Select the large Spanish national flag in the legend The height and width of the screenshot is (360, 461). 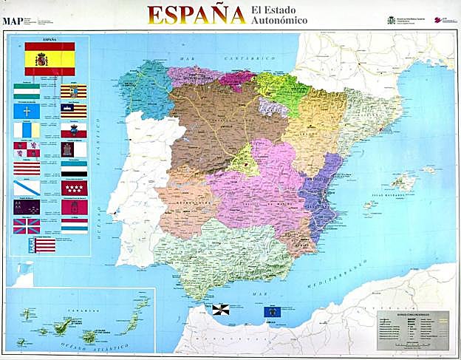pos(49,58)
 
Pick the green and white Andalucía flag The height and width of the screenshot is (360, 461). pos(27,92)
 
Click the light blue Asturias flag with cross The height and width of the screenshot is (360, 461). pos(27,112)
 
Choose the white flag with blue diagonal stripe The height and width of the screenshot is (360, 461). pos(27,188)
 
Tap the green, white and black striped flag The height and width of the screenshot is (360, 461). pos(74,169)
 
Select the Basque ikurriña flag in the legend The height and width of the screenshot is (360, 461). pos(27,225)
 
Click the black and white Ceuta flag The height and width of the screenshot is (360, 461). pos(221,309)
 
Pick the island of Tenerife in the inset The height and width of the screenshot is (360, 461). pos(64,325)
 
